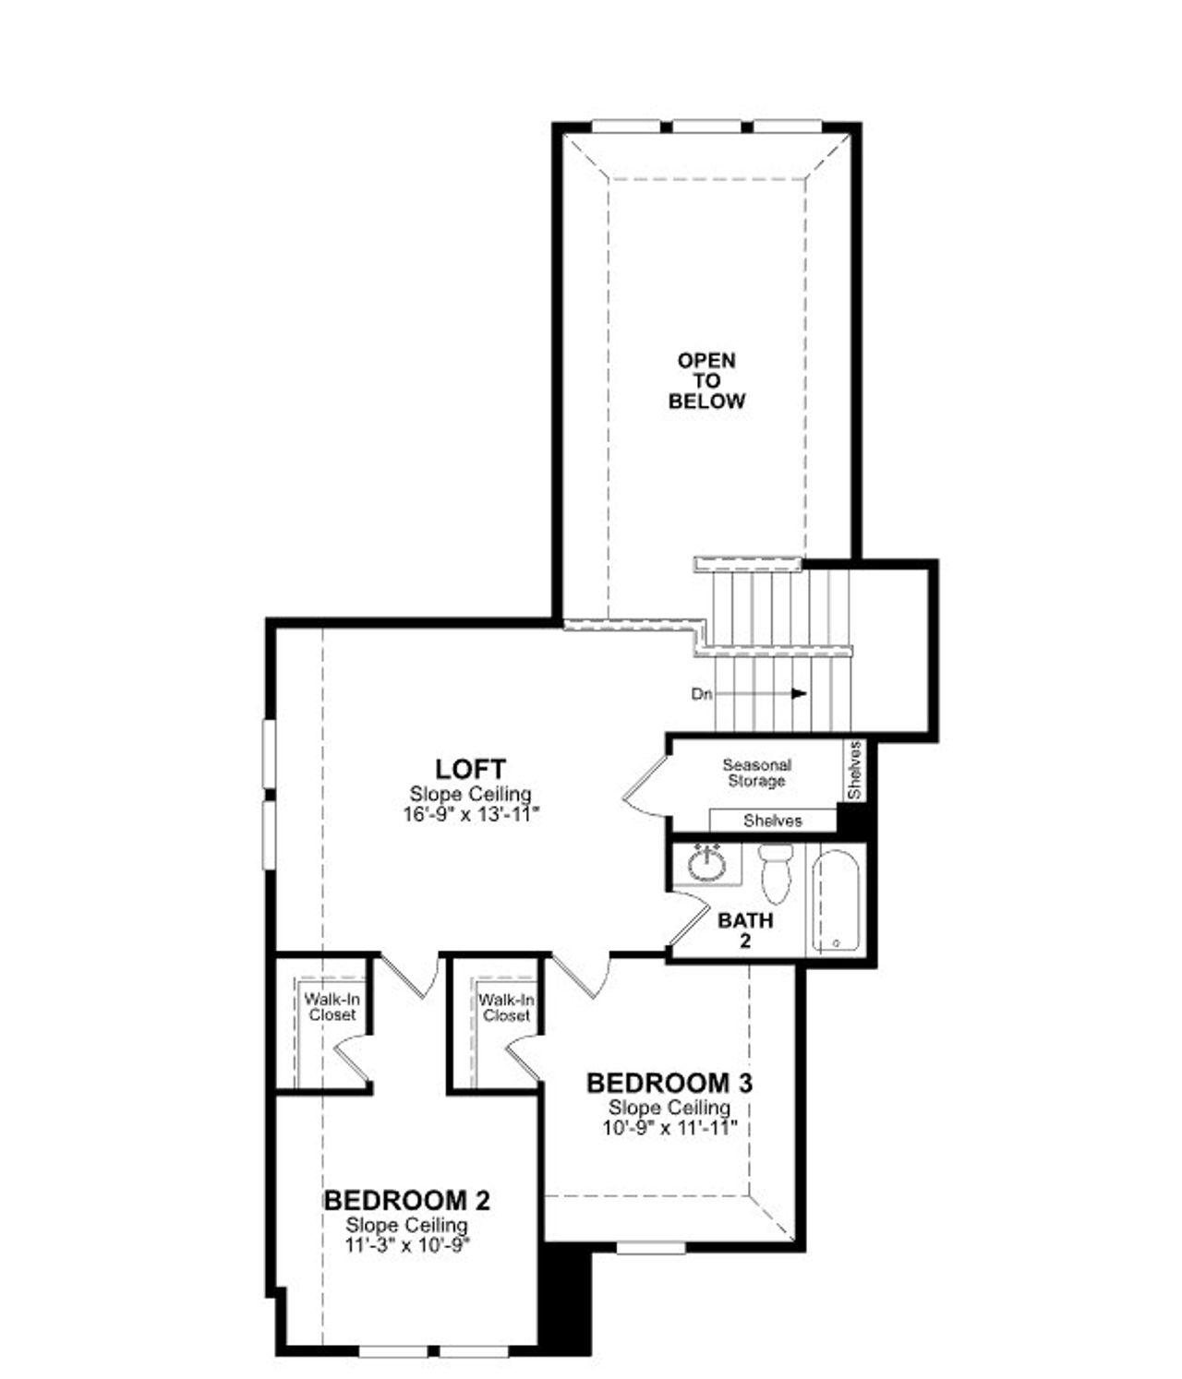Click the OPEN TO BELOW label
click(706, 380)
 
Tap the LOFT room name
click(470, 768)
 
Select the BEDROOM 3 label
click(669, 1082)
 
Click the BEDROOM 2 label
click(406, 1200)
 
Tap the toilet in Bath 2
click(774, 872)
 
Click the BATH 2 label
click(745, 929)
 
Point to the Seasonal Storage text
click(756, 773)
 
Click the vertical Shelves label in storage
click(854, 771)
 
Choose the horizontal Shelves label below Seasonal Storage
click(772, 821)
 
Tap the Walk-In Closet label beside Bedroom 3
click(506, 1007)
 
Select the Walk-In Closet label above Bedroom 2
click(332, 1007)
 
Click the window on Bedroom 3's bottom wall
click(650, 1247)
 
